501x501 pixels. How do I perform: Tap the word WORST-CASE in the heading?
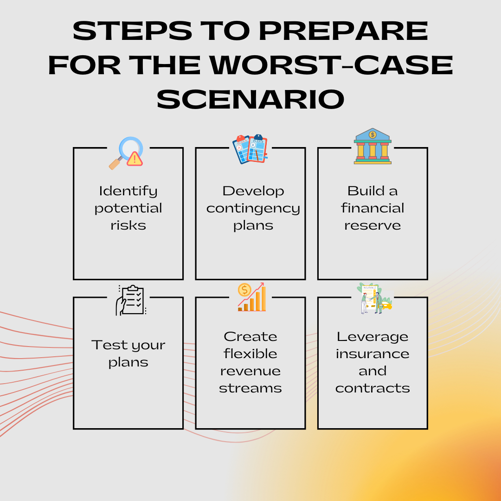[x=331, y=65]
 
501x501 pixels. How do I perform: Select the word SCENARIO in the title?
[x=250, y=99]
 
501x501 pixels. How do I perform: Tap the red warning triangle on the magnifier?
[x=135, y=159]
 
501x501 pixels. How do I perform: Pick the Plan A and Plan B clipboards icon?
[x=250, y=149]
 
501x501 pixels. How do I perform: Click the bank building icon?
[x=373, y=146]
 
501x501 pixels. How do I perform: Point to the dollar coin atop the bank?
[x=373, y=135]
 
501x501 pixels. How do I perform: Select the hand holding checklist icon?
[x=131, y=300]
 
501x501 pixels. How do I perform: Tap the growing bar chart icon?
[x=252, y=297]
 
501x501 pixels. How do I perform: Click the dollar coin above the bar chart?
[x=244, y=290]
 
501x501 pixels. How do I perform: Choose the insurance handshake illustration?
[x=374, y=298]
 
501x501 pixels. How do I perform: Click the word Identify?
[x=128, y=192]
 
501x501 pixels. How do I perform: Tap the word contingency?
[x=253, y=209]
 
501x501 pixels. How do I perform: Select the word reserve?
[x=373, y=226]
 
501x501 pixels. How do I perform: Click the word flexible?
[x=250, y=353]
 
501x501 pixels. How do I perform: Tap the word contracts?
[x=373, y=388]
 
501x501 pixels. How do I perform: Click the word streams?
[x=250, y=388]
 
